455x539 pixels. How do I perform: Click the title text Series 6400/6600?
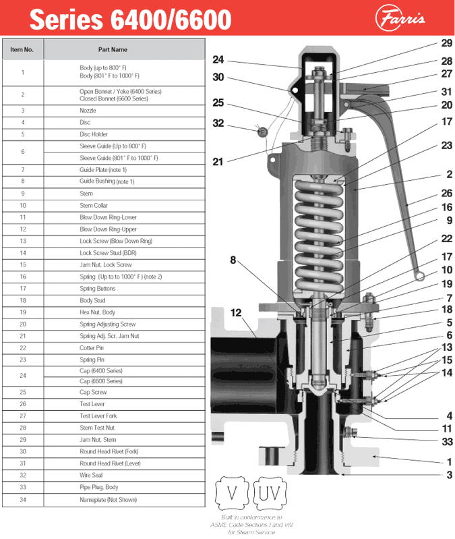[130, 19]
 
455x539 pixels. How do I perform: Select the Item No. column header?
[22, 49]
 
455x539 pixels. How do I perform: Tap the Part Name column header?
[113, 49]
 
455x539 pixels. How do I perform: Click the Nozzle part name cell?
[88, 110]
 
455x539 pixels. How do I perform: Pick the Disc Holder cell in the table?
[94, 134]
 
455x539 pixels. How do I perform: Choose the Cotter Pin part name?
[92, 347]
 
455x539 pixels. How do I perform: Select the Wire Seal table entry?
[91, 475]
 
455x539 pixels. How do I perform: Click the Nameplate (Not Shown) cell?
[108, 499]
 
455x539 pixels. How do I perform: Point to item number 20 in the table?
[22, 324]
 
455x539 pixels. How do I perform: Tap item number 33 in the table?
[22, 487]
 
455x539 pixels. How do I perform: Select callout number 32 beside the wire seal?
[218, 123]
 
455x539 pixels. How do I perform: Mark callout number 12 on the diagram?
[235, 312]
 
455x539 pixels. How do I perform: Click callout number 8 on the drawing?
[233, 260]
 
